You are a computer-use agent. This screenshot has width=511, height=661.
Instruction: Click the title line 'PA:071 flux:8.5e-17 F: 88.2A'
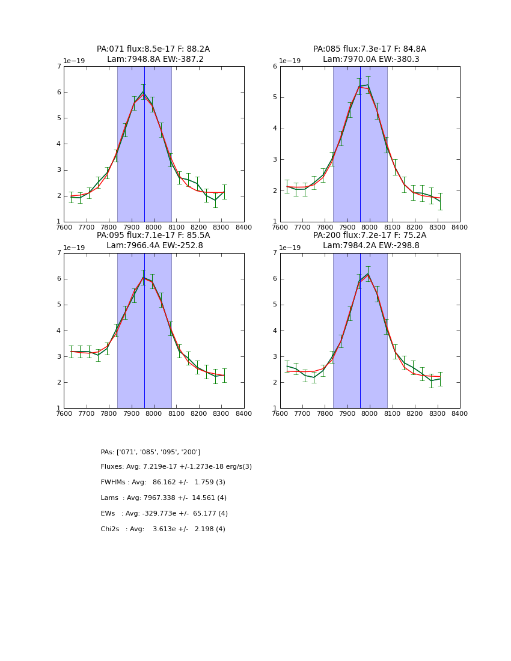[x=153, y=49]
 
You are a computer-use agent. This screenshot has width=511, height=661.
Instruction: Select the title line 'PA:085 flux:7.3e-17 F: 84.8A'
[x=369, y=49]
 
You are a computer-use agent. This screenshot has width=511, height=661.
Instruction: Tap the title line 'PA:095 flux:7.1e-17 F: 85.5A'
[x=153, y=236]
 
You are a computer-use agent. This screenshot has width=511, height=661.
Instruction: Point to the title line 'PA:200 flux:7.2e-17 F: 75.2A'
[x=369, y=236]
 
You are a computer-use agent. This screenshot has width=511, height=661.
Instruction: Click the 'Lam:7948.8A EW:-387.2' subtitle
[x=155, y=59]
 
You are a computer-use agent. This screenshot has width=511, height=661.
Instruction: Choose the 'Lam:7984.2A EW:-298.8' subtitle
[x=371, y=246]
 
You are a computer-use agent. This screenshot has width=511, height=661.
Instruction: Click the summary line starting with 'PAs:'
[x=150, y=452]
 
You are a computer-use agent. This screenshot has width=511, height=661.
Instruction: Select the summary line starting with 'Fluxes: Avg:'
[x=176, y=467]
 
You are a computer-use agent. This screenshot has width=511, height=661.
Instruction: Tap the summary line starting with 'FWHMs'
[x=163, y=483]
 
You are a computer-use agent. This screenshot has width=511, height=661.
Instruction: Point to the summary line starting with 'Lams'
[x=164, y=498]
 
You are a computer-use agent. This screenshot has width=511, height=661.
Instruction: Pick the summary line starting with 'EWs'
[x=164, y=514]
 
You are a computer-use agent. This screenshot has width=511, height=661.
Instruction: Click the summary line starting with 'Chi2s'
[x=163, y=529]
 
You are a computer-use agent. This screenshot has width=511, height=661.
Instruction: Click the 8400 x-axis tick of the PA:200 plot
[x=460, y=413]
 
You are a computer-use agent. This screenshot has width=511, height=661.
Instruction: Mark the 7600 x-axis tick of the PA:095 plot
[x=64, y=413]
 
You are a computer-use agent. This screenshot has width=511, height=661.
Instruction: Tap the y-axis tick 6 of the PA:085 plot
[x=275, y=67]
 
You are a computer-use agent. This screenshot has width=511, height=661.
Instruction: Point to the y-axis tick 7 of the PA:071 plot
[x=59, y=67]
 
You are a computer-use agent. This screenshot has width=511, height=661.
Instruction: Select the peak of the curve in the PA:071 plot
[x=143, y=92]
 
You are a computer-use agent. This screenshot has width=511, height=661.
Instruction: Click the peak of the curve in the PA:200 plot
[x=368, y=273]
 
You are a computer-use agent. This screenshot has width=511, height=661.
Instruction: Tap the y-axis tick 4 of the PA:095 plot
[x=59, y=330]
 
